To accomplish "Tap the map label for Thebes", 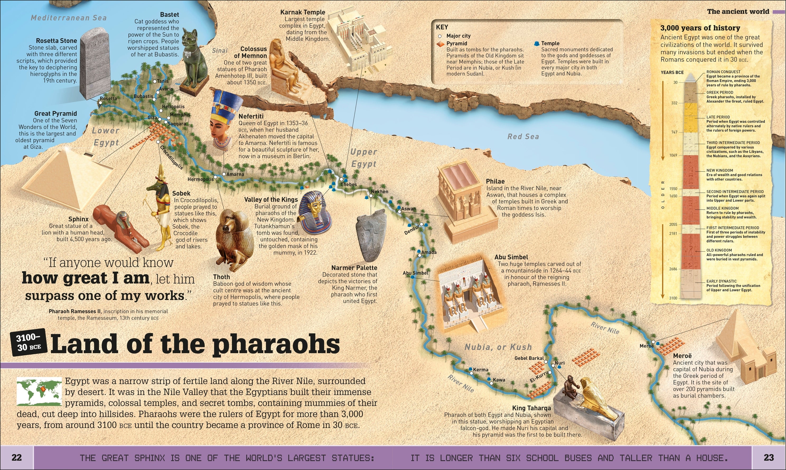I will click(348, 184).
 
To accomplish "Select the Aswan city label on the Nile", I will click(409, 209).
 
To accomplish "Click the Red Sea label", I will click(523, 136).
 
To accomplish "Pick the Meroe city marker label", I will click(647, 346).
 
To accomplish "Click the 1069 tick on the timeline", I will click(673, 155).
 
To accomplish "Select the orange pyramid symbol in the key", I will click(441, 44).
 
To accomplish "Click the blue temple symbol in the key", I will click(537, 43).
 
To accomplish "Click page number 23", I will click(769, 457).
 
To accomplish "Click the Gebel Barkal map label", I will click(529, 358).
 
